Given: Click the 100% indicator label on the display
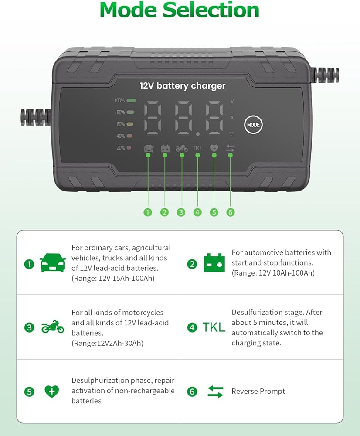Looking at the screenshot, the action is point(119,101).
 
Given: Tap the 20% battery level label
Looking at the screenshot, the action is point(120,148).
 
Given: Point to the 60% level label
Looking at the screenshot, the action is point(120,124).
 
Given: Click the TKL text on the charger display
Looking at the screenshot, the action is point(197,148).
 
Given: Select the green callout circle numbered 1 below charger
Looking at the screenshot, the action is point(148,212).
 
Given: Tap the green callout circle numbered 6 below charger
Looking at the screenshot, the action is point(231,212).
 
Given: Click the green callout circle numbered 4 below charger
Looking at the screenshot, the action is point(197,212).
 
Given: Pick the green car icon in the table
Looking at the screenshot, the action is point(53,263).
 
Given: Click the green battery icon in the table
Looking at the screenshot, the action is point(214,263).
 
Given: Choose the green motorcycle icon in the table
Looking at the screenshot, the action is point(53,327).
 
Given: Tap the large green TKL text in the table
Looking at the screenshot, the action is point(214,327).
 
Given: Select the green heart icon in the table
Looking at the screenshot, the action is point(51,391).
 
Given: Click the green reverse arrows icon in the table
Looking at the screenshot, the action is point(215,391).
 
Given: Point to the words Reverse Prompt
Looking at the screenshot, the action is point(258,391).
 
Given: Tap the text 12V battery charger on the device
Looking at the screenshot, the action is point(183,86).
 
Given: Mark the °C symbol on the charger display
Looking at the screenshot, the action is point(231,135).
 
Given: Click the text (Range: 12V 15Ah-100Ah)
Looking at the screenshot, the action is point(113,278).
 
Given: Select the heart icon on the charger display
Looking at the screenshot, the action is point(214,148).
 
